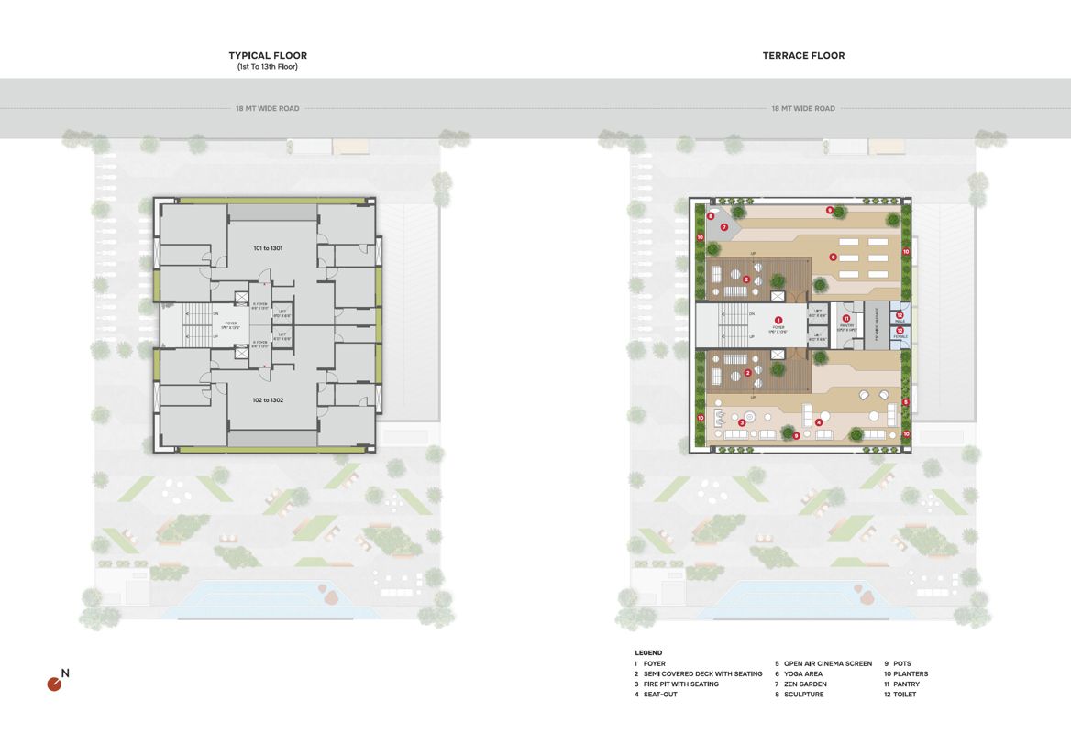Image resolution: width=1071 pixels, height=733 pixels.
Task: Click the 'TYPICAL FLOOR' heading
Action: [268, 56]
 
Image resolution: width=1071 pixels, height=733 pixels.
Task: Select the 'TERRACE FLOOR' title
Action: [803, 56]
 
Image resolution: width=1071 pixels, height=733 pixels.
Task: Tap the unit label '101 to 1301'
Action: [268, 248]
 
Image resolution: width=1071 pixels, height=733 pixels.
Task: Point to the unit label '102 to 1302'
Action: [268, 400]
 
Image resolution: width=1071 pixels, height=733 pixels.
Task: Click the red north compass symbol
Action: [55, 684]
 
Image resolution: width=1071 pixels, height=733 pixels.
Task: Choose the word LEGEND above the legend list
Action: [647, 652]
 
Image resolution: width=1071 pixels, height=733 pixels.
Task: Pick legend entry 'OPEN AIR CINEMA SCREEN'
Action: [827, 663]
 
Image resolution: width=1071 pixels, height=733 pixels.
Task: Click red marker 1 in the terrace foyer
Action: [778, 319]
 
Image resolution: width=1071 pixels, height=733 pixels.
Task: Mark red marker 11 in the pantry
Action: [846, 318]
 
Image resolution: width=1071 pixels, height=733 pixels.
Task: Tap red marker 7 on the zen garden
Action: [723, 227]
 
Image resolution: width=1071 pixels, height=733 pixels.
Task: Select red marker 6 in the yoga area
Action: [833, 257]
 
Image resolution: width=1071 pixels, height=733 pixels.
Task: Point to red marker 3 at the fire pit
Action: [741, 422]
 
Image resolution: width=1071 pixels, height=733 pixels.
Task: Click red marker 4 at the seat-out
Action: [818, 422]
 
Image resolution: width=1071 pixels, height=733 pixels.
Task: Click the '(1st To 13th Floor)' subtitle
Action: [268, 67]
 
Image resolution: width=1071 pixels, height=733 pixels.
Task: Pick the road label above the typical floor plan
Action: [268, 108]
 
